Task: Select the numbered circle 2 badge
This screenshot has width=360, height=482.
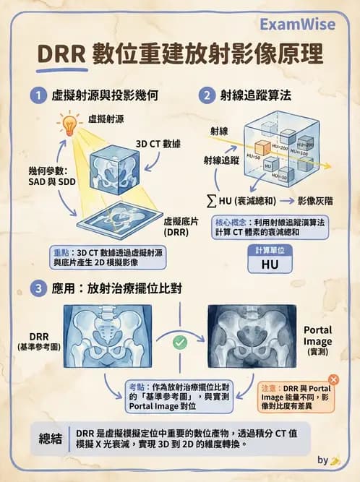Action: click(x=208, y=95)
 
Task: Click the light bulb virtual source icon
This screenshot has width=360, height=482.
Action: click(x=70, y=123)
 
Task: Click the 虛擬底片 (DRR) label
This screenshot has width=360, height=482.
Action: click(x=181, y=226)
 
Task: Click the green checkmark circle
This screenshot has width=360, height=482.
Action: click(x=180, y=343)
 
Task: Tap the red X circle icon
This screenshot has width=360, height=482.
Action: click(x=333, y=379)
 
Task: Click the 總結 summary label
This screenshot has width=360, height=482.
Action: click(x=52, y=438)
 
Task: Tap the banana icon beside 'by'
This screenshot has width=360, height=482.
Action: click(x=335, y=460)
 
